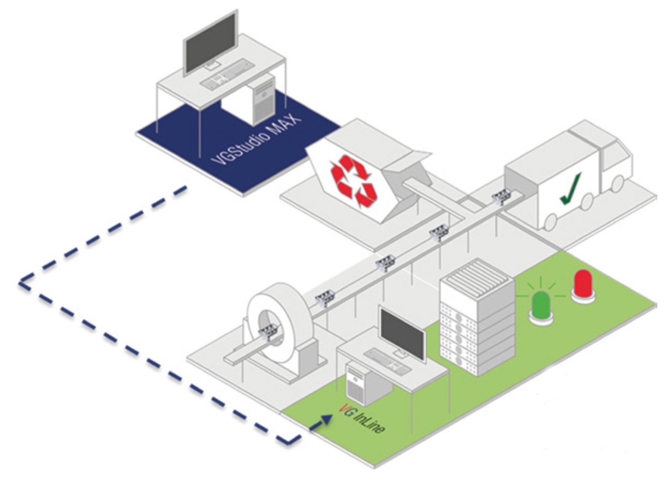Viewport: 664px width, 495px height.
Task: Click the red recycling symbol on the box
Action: pos(353,181)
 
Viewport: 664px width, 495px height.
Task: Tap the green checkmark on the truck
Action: pos(571,188)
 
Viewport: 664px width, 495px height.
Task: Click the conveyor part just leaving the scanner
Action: pos(324,298)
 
